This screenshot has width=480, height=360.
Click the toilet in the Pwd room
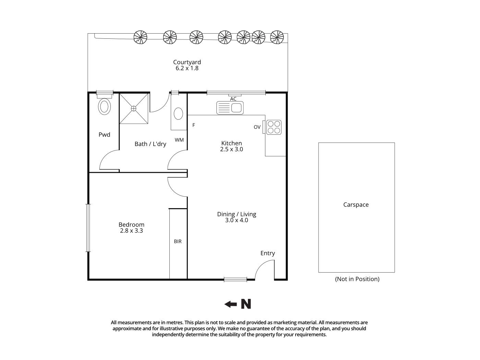tap(105, 106)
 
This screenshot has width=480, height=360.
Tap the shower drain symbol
tap(134, 108)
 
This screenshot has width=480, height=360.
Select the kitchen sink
tap(230, 108)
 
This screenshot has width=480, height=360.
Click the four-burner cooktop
tap(274, 127)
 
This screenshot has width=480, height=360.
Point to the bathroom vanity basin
tap(178, 113)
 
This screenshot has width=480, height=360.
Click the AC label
tap(233, 99)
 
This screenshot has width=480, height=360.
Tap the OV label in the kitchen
tap(257, 127)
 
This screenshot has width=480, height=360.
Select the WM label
tap(179, 140)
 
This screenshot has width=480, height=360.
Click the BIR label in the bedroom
tap(178, 241)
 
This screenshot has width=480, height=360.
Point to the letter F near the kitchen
tap(194, 125)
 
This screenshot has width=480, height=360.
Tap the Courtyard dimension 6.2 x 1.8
tap(187, 68)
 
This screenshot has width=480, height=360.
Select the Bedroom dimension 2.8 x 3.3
tap(131, 231)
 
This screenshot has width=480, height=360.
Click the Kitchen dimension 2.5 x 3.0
tap(231, 149)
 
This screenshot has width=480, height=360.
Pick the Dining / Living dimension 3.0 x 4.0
tap(237, 220)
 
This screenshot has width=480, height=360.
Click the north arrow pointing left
tap(230, 304)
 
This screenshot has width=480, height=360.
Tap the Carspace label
tap(356, 205)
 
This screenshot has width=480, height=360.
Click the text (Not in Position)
tap(357, 279)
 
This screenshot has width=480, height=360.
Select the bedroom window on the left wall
tap(88, 228)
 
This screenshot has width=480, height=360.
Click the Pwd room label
tap(104, 135)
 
